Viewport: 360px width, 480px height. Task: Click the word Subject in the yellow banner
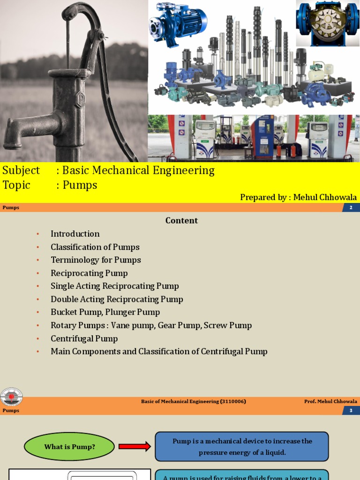coord(21,170)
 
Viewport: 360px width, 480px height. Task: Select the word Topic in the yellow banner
coord(16,185)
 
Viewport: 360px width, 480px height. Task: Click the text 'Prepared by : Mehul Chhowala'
coord(299,197)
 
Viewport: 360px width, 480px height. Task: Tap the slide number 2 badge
coord(351,207)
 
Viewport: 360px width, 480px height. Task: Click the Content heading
coord(181,220)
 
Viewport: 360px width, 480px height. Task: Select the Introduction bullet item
coord(75,234)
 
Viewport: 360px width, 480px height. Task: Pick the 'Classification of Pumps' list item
coord(95,247)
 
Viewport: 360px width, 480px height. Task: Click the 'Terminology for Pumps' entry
coord(96,260)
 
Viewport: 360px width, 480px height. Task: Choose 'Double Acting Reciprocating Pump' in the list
coord(117,299)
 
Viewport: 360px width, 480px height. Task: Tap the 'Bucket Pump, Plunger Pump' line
coord(105,312)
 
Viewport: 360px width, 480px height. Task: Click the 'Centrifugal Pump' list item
coord(84,338)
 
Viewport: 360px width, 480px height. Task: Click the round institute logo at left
coord(11,397)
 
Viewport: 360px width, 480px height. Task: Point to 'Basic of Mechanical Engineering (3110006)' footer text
coord(194,401)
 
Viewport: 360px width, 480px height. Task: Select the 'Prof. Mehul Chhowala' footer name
coord(330,401)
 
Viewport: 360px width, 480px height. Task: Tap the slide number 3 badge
coord(351,411)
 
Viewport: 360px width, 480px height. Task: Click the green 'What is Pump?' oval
coord(69,447)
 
